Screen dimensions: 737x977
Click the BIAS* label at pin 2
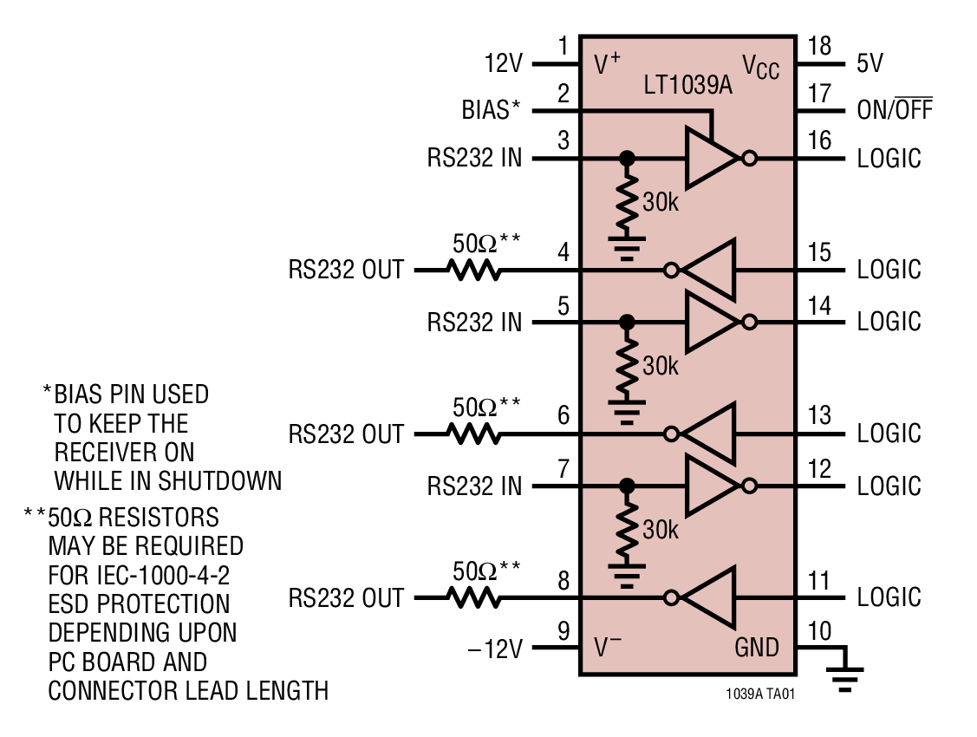[491, 110]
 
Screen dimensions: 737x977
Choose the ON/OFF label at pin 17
[895, 111]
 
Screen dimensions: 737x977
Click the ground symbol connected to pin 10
[846, 677]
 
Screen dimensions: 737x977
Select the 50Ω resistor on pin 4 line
[473, 271]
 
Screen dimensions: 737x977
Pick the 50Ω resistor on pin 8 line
[473, 597]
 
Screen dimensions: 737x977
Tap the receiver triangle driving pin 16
[711, 159]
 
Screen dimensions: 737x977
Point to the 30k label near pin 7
[661, 530]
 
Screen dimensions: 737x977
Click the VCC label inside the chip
[760, 67]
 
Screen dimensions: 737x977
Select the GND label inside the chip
[757, 647]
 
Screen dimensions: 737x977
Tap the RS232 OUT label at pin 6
[346, 434]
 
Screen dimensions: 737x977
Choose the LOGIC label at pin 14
[889, 322]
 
